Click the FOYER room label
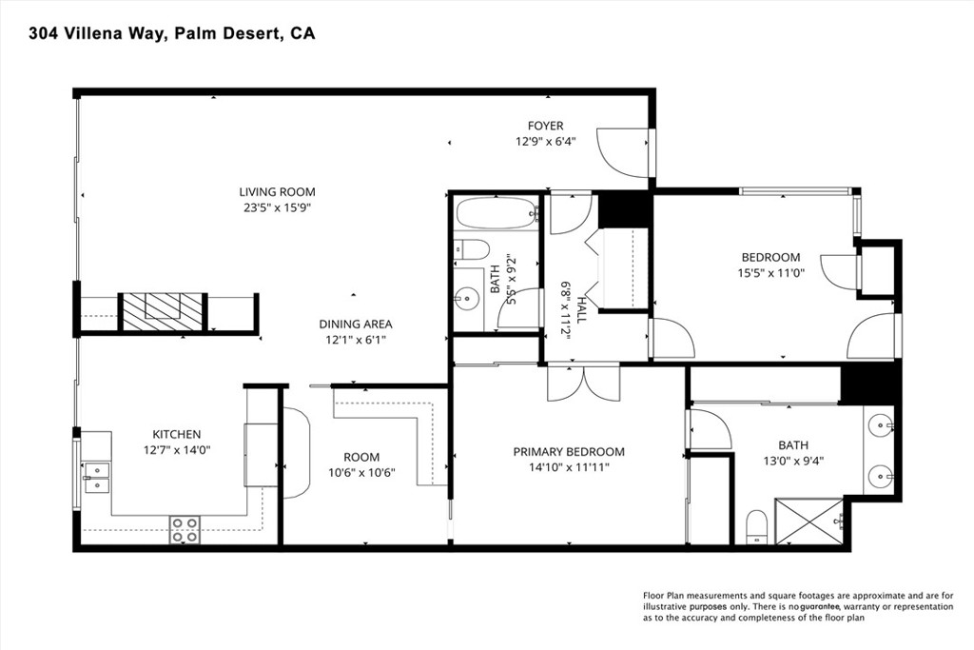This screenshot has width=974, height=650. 545,127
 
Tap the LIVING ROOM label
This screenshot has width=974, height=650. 277,192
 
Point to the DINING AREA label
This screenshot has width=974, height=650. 356,324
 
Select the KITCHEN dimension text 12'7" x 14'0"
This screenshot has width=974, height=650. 176,450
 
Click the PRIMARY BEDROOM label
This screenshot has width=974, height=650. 569,452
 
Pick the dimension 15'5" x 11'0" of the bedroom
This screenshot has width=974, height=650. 770,272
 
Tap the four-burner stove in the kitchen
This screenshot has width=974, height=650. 185,529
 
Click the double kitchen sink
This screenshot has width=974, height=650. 96,478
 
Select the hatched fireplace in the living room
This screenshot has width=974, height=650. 163,311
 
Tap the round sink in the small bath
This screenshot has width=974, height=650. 466,299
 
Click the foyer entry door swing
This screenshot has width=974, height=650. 623,151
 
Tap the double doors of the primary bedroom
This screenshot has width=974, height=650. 583,383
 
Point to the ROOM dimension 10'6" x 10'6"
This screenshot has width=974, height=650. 361,473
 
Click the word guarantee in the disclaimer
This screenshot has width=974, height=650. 820,606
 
